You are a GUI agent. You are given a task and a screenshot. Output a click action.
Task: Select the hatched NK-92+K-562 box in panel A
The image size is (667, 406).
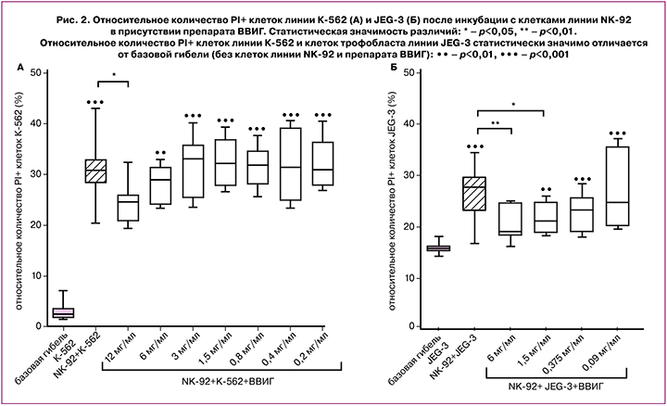point(95,171)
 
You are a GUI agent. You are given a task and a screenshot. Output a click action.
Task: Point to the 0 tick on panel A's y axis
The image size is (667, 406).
point(38,326)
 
